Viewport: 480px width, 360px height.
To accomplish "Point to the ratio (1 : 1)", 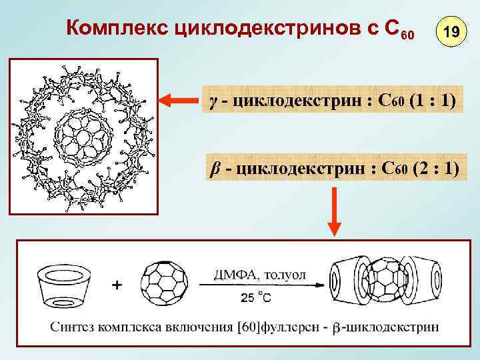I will click(x=433, y=101).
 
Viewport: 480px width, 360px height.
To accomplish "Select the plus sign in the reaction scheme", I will click(x=118, y=285).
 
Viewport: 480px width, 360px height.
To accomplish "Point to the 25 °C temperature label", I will click(x=255, y=298).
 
